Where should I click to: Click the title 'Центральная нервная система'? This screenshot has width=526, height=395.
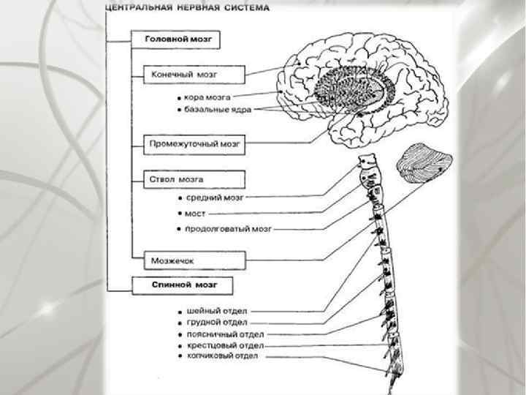coord(187,8)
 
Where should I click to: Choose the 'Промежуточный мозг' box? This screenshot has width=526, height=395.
coord(194,143)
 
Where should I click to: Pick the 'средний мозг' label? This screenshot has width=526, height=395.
coord(214,197)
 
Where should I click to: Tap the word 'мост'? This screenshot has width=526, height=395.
coord(197,214)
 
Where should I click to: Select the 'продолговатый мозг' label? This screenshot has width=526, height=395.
coord(228,229)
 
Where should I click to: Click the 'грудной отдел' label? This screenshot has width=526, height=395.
coord(216,321)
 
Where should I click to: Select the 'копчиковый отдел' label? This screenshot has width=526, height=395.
coord(222,355)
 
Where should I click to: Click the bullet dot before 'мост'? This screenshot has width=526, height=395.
coord(180,214)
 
